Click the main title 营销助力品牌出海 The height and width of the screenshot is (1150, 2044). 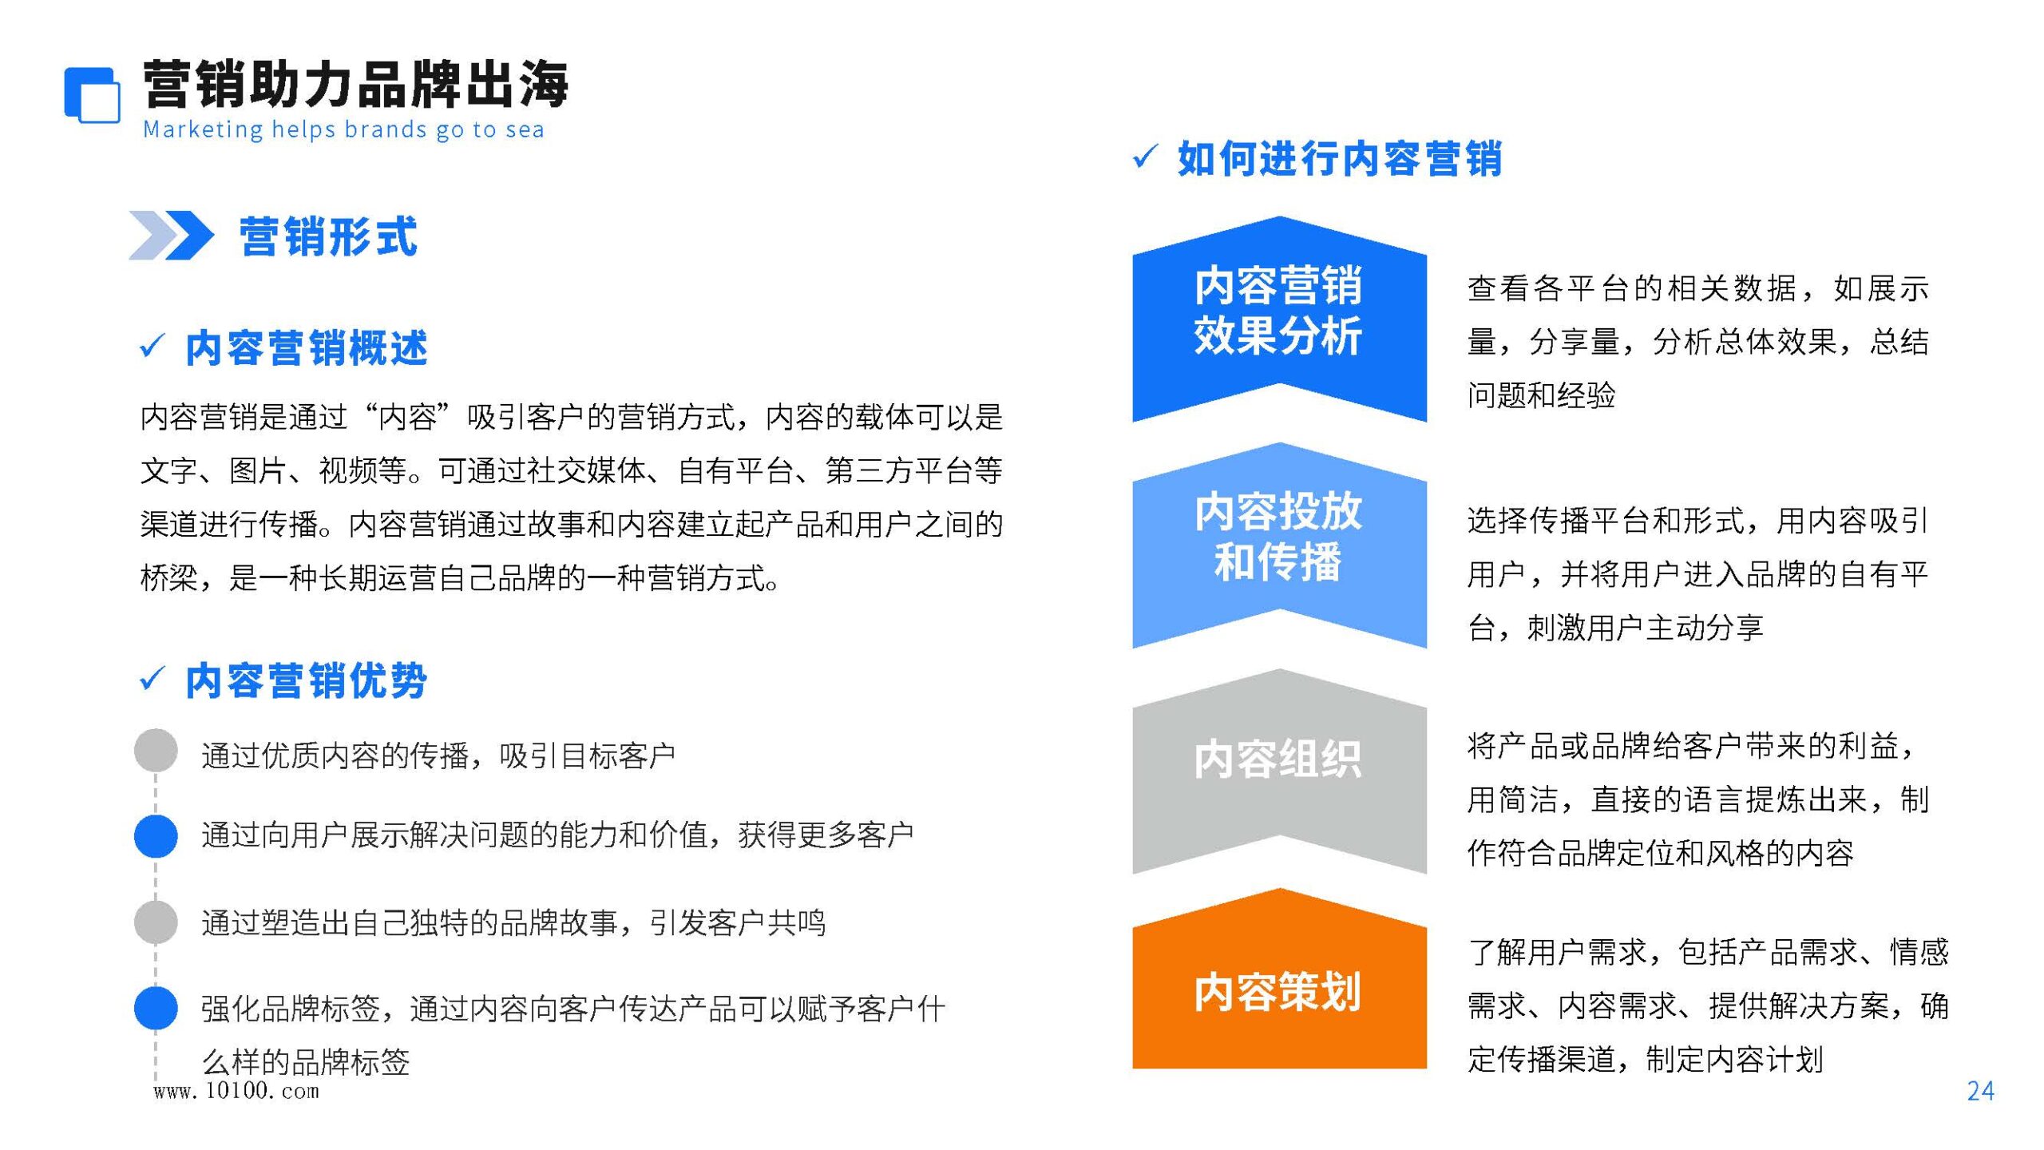355,84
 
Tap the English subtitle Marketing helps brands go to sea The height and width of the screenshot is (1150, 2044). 343,130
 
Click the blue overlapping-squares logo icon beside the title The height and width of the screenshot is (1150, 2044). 93,95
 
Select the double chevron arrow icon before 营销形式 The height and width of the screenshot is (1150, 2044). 171,235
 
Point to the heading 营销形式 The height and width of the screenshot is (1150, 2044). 328,236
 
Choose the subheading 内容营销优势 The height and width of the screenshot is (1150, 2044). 307,680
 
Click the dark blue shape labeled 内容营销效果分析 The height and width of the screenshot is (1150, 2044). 1279,319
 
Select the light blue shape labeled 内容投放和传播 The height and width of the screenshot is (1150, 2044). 1279,545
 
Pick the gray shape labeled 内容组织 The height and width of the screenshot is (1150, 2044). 1279,771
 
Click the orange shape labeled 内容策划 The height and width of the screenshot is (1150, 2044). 1279,978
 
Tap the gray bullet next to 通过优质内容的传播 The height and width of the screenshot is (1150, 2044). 156,750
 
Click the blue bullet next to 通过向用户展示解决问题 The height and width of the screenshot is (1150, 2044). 156,836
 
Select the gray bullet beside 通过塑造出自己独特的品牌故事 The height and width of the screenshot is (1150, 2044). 156,922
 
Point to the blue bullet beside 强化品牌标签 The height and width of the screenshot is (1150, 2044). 156,1008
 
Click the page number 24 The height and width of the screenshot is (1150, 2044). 1981,1091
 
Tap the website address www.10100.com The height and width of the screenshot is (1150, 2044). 236,1091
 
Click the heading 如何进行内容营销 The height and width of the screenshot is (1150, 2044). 1340,157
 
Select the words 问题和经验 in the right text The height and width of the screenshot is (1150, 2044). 1541,395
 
